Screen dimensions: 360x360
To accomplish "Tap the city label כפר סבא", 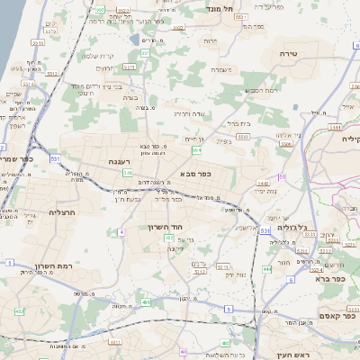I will tap(195, 173).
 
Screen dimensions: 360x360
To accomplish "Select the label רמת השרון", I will tap(52, 266).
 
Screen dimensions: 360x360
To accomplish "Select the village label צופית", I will tap(225, 140).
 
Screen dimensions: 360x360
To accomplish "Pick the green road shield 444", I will tap(266, 268).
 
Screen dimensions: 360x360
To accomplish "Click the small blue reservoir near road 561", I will tap(134, 40).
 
